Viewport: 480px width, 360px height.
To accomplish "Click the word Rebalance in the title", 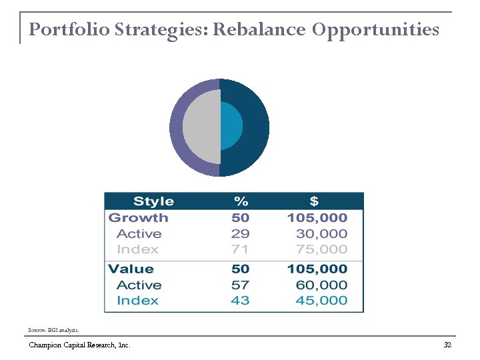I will point(259,30).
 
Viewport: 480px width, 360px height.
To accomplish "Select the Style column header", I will point(153,201).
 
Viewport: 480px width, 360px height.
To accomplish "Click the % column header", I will point(241,201).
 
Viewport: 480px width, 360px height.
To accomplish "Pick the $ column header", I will point(314,201).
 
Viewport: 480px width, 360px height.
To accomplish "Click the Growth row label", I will point(138,218).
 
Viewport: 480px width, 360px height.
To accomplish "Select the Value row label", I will point(131,269).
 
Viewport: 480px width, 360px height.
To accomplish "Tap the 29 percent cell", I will point(240,234).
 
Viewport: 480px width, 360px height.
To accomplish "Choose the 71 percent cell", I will point(240,249).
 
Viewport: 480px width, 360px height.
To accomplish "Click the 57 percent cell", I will point(240,285).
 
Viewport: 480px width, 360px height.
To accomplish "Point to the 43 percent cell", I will point(240,301).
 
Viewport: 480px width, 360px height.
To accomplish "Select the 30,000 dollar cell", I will point(321,234).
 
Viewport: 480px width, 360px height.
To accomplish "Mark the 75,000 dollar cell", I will point(321,249).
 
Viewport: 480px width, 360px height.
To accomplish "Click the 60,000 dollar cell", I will point(321,285).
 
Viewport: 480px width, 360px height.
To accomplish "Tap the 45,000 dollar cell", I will point(321,301).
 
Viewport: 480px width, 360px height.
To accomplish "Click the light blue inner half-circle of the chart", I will point(231,127).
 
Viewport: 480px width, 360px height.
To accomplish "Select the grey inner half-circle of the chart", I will point(202,127).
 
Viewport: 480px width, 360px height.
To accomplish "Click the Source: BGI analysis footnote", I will point(53,330).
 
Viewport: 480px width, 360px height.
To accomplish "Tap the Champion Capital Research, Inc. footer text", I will point(79,345).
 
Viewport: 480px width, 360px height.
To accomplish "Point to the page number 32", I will point(447,345).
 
